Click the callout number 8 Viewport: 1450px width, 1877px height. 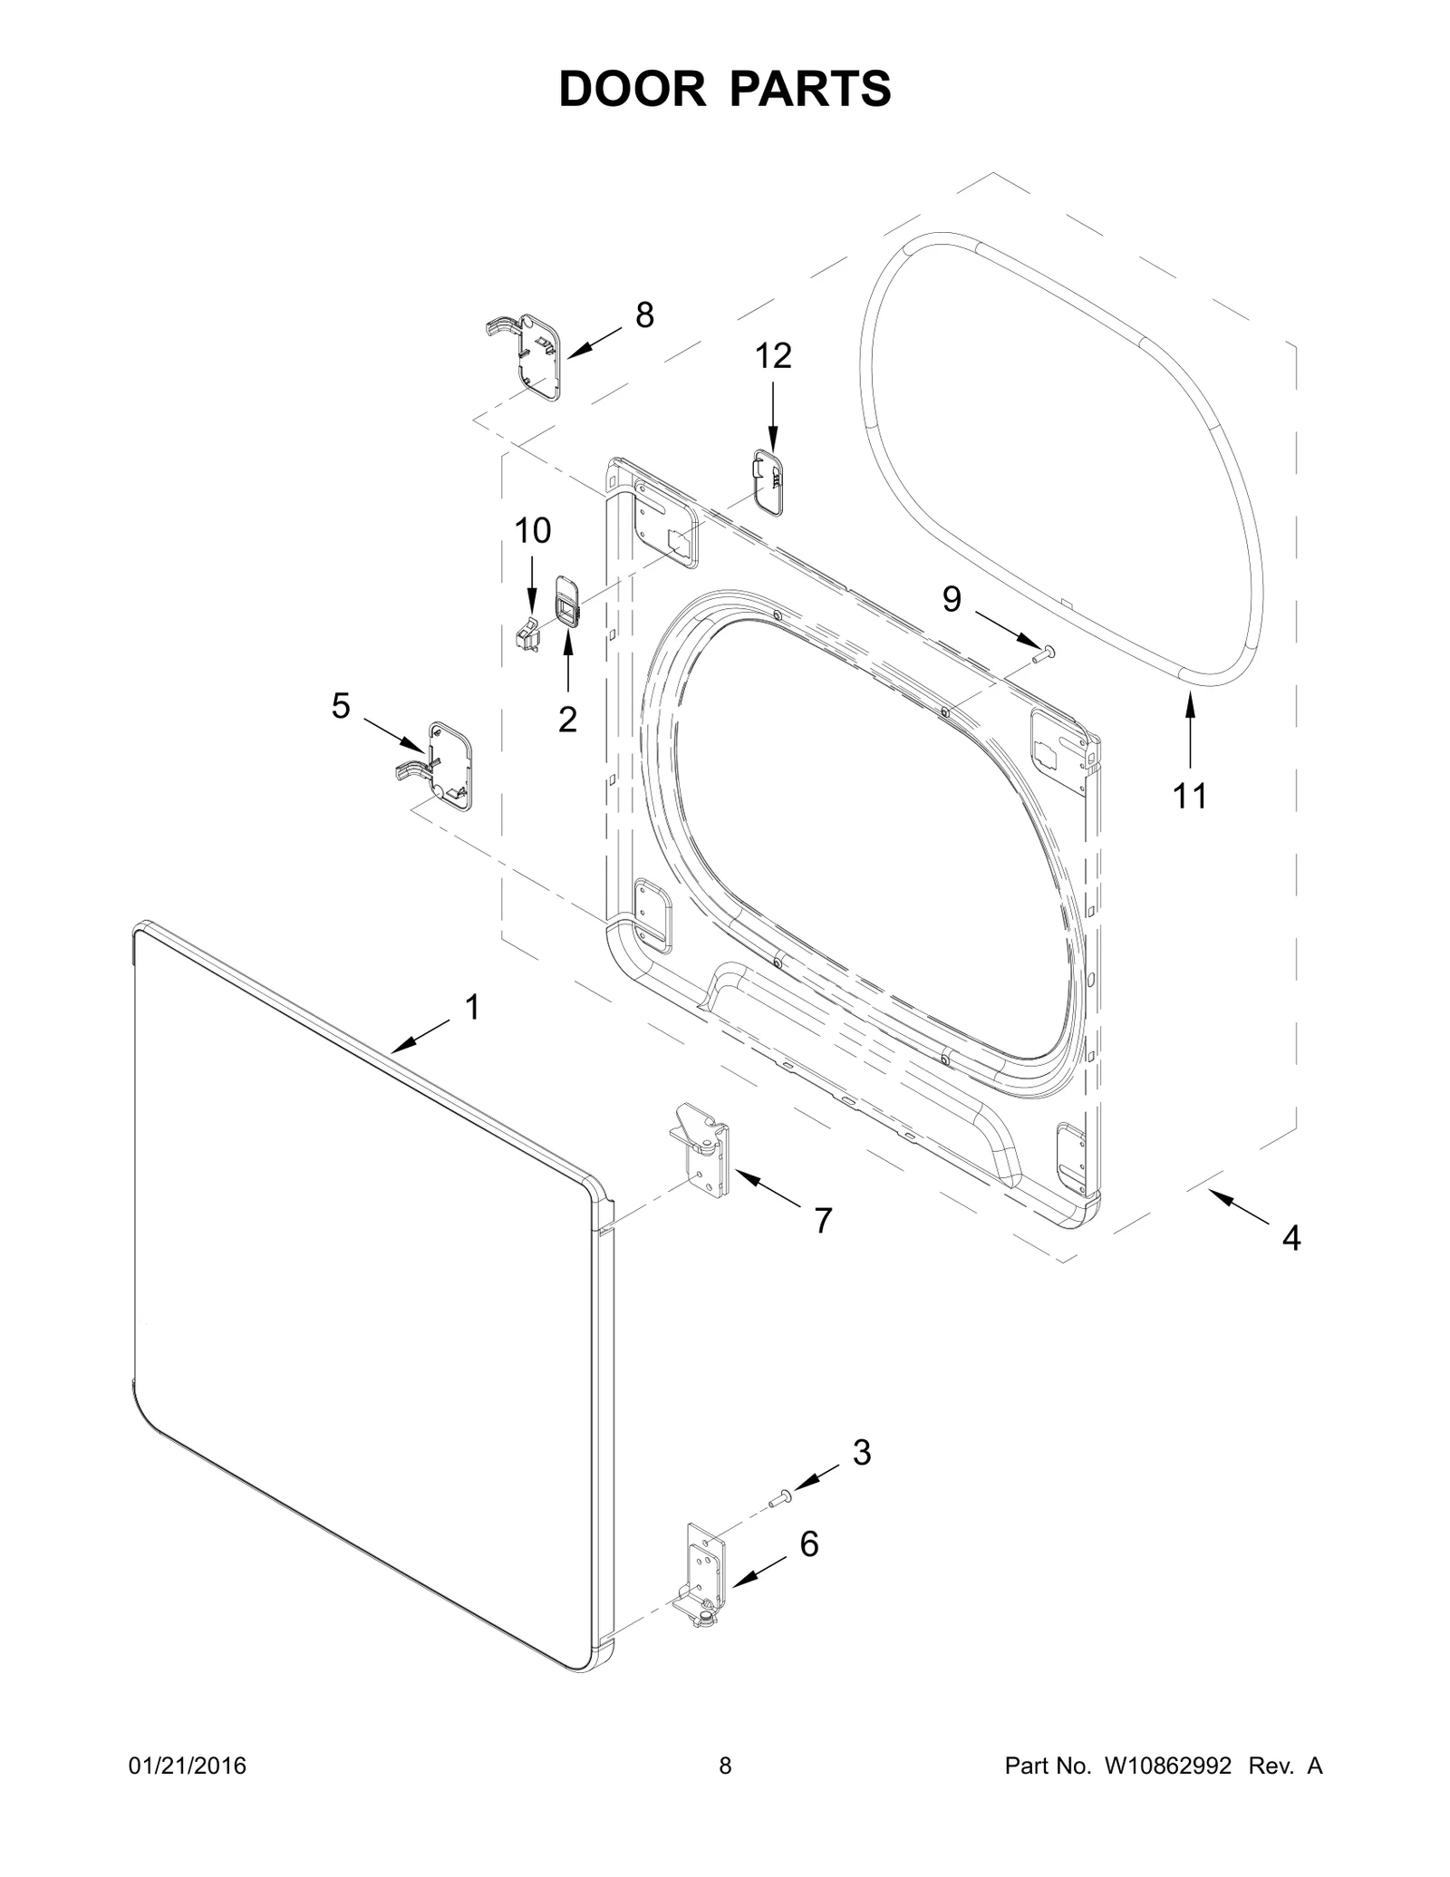coord(644,315)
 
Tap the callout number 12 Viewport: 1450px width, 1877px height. coord(773,356)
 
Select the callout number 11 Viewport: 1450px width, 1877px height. coord(1190,796)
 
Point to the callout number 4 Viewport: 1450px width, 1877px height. coord(1291,1237)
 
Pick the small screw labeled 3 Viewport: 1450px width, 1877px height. coord(779,1501)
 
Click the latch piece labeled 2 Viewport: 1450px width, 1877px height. coord(567,600)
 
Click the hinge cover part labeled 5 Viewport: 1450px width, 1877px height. coord(444,766)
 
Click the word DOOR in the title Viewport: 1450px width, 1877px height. coord(632,89)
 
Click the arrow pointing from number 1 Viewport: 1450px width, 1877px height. coord(421,1033)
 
